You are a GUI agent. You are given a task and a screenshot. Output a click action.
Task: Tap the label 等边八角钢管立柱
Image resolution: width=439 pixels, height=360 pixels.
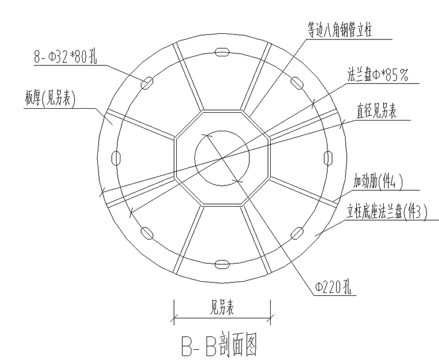[340, 30]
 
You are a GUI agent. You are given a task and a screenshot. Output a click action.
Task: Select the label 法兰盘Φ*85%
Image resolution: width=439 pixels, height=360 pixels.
[378, 74]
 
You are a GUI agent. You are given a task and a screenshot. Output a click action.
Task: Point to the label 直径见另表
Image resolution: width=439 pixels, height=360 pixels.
[377, 111]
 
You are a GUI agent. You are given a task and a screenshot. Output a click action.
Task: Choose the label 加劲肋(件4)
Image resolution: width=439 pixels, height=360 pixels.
[378, 181]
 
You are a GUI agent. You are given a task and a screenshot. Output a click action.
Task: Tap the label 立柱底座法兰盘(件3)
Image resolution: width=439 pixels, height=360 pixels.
[387, 211]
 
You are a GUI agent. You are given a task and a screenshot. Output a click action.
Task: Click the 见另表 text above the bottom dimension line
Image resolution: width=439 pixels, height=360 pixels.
[222, 307]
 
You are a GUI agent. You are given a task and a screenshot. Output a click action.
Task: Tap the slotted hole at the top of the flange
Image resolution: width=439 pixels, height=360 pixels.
[222, 52]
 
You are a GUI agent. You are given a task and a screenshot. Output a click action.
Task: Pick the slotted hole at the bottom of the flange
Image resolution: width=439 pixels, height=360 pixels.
[222, 264]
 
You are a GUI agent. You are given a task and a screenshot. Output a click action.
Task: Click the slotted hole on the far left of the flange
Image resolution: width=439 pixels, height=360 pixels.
[116, 158]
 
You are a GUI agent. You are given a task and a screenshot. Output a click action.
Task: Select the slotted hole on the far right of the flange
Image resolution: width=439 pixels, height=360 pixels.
[328, 158]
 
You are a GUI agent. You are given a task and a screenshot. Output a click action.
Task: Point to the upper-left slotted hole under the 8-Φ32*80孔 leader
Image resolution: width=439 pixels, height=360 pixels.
[147, 83]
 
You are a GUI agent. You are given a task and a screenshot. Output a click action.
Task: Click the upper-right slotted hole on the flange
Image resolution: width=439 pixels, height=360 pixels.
[297, 83]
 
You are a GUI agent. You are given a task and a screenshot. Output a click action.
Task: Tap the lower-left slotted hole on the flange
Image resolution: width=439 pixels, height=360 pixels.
[147, 233]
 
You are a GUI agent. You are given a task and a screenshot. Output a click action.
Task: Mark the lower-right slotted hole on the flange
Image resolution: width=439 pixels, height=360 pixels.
[297, 233]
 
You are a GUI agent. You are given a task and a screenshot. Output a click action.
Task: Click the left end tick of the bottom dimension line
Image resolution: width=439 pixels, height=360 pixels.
[174, 318]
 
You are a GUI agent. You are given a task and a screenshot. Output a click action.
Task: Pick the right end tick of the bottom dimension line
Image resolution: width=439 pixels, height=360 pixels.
[270, 318]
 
